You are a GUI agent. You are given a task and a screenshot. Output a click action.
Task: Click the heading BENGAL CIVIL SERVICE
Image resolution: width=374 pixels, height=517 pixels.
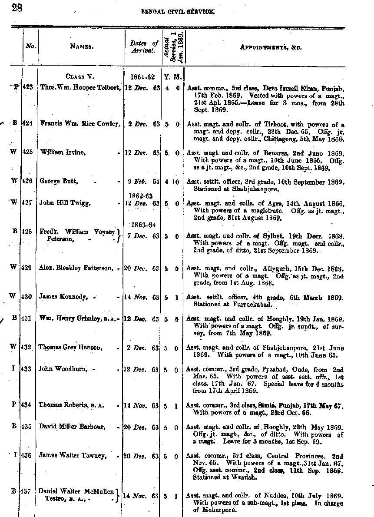coord(178,12)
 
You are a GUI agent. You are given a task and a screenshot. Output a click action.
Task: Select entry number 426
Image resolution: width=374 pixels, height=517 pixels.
coord(28,181)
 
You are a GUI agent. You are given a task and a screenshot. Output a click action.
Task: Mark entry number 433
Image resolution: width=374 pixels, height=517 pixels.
coord(28,369)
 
